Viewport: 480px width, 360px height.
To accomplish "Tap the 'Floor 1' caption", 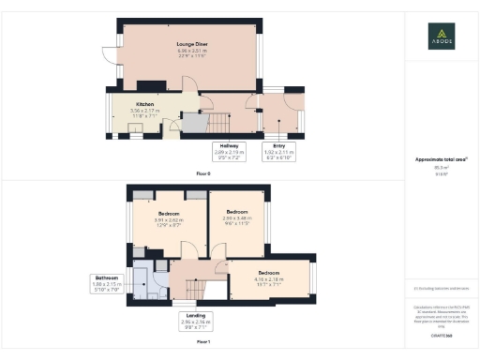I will (x=203, y=343).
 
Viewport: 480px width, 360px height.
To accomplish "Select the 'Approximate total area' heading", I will (x=441, y=159).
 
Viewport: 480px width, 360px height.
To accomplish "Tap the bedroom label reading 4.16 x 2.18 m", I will (x=269, y=277).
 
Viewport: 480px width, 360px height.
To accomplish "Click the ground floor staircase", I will (x=217, y=123).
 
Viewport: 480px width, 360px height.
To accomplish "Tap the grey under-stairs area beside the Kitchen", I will (x=191, y=122).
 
